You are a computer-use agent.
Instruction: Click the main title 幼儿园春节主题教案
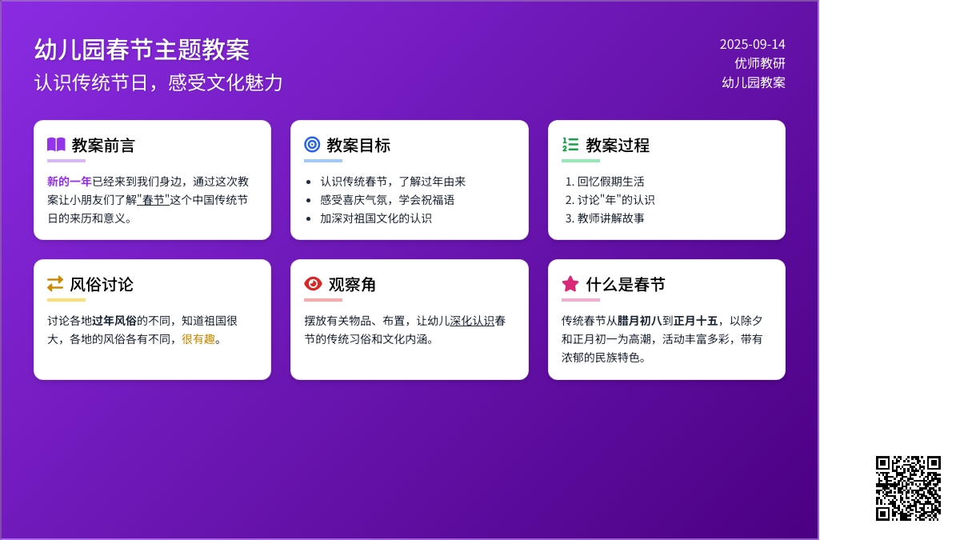tap(142, 50)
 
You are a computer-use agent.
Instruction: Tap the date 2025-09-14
tap(752, 45)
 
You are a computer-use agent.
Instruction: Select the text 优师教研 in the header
tap(760, 63)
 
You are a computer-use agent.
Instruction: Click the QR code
tap(908, 488)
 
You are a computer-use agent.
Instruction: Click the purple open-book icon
tap(56, 145)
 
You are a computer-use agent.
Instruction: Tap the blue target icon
tap(312, 145)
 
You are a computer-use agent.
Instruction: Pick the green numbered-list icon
tap(570, 145)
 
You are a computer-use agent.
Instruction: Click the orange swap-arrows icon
tap(55, 284)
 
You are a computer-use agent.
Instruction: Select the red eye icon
tap(313, 284)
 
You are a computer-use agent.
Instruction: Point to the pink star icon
tap(570, 284)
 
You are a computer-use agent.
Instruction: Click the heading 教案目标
tap(358, 146)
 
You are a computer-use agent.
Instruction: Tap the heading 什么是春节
tap(626, 285)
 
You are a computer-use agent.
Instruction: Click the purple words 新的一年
tap(70, 182)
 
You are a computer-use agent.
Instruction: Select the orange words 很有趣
tap(198, 339)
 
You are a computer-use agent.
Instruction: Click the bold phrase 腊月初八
tap(639, 321)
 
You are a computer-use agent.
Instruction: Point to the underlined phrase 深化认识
tap(472, 321)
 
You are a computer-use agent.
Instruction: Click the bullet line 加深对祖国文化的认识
tap(376, 218)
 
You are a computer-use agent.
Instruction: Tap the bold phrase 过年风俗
tap(114, 321)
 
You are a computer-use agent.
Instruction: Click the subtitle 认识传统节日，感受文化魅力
tap(158, 82)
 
